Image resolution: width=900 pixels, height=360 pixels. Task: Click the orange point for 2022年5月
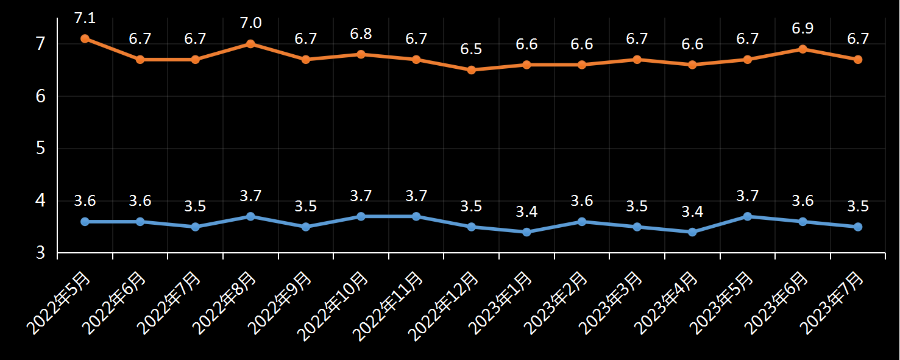point(85,38)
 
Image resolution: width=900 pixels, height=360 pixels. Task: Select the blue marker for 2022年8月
point(250,216)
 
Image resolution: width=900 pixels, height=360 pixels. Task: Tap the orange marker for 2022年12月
point(471,70)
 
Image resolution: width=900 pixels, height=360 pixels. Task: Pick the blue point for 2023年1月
point(526,232)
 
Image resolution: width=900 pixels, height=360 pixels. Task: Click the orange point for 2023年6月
point(803,49)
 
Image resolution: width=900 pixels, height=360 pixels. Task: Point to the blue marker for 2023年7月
point(858,227)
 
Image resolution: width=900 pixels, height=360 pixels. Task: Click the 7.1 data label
point(85,18)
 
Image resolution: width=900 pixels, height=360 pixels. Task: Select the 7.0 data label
point(250,23)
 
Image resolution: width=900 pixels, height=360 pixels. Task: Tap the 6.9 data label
point(803,29)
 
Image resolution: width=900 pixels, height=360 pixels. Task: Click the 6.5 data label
point(471,49)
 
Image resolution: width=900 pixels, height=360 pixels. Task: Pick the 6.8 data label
point(361,34)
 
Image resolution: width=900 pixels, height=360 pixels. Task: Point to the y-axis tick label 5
point(40,148)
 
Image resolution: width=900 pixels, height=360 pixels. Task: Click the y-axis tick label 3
point(40,252)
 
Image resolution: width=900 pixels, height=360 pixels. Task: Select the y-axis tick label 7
point(40,44)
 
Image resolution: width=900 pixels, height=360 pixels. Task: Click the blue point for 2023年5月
point(748,216)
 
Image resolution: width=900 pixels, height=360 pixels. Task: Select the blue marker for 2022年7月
point(195,227)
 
